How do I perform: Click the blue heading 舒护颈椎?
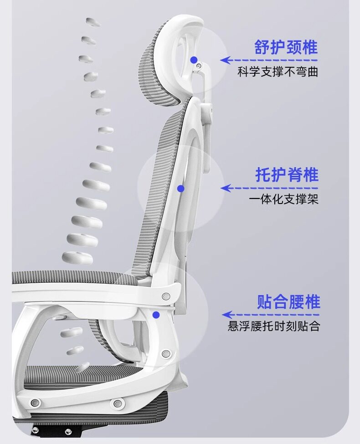(x=286, y=47)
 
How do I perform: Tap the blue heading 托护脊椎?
(x=287, y=175)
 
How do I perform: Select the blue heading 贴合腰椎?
(x=288, y=302)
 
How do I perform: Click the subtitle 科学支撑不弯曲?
(x=278, y=72)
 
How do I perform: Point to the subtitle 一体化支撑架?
(x=283, y=199)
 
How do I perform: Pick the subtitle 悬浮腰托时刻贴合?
(x=274, y=327)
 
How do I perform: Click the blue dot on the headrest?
(x=194, y=60)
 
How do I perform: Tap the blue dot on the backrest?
(x=181, y=188)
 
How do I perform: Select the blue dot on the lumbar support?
(x=156, y=314)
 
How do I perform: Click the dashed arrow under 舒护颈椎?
(x=268, y=60)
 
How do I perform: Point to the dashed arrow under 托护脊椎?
(x=269, y=188)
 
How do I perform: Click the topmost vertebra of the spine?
(x=92, y=22)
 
